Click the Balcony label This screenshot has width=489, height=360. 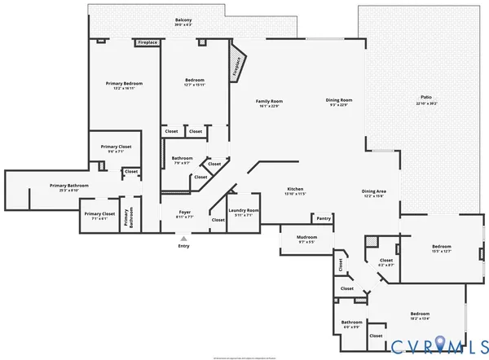click(183, 22)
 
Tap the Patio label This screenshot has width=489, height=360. click(426, 99)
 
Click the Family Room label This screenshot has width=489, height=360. click(268, 102)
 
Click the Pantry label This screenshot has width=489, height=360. click(324, 218)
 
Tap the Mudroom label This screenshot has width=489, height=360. click(306, 240)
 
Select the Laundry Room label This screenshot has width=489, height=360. click(243, 213)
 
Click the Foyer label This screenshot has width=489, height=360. click(186, 214)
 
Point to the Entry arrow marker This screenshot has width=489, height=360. click(183, 238)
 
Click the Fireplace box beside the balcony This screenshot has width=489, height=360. click(148, 42)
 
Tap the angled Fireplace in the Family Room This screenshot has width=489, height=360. click(237, 65)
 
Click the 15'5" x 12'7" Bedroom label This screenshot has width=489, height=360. click(442, 248)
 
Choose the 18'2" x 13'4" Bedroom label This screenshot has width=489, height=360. click(420, 316)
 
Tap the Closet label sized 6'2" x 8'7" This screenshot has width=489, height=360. click(386, 263)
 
